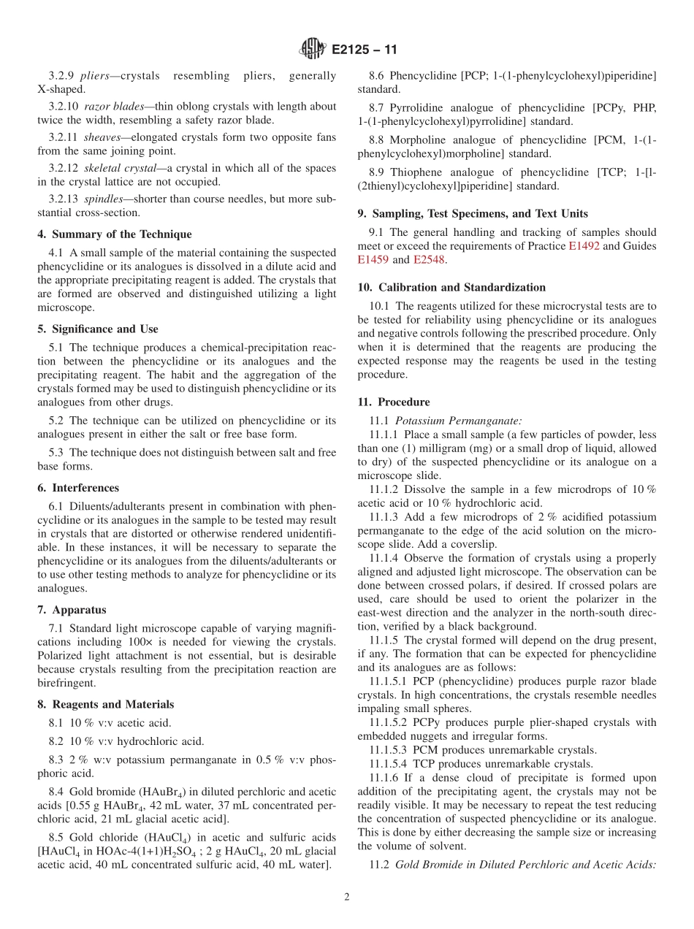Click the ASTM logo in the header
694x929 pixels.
click(x=313, y=50)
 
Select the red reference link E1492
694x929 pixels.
click(x=584, y=246)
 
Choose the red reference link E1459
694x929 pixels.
click(x=373, y=259)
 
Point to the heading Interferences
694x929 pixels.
click(x=78, y=488)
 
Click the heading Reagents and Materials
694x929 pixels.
click(x=106, y=705)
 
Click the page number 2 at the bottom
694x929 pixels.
click(x=347, y=897)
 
